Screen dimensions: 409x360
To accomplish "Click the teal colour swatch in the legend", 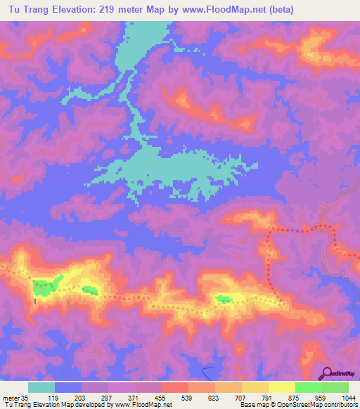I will pyautogui.click(x=41, y=387).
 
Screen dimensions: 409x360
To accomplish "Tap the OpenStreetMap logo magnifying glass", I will pyautogui.click(x=327, y=373).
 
